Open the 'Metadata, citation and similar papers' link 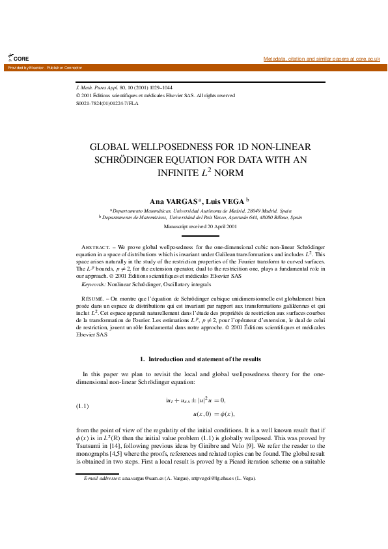click(322, 59)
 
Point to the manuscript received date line click(201, 226)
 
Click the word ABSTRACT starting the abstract click(96, 248)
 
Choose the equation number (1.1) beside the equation click(83, 406)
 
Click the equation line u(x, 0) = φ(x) click(214, 414)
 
